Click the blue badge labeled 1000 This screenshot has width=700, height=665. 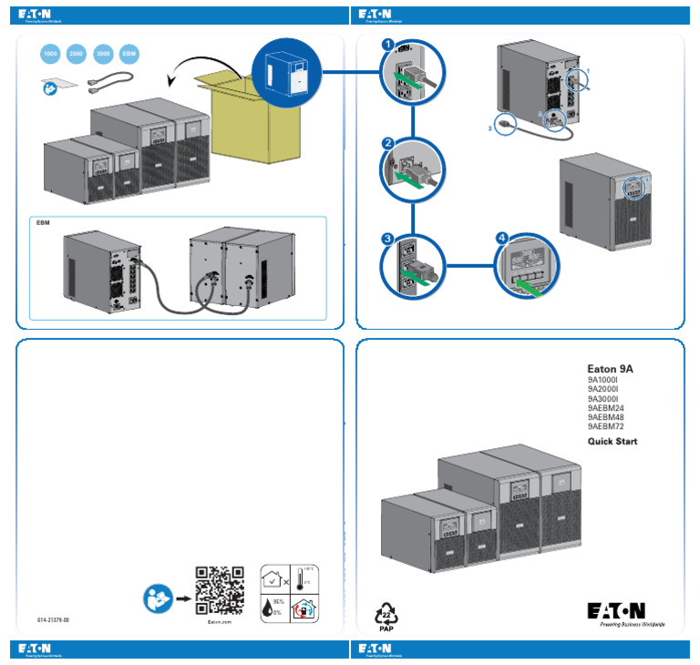[50, 55]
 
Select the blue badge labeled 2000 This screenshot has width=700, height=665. [77, 55]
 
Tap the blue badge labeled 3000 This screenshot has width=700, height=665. [104, 55]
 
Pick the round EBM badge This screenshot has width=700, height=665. [130, 55]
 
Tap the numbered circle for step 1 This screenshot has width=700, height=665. [387, 44]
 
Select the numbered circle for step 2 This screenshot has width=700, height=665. [387, 144]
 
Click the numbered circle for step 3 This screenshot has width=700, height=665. [387, 239]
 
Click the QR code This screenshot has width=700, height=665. [220, 590]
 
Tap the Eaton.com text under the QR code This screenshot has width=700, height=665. [220, 621]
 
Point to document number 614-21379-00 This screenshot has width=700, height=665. [54, 619]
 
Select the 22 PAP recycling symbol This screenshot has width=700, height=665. [386, 616]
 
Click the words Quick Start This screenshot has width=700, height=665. [612, 442]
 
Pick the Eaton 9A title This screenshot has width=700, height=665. [610, 369]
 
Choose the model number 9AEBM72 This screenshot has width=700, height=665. [605, 426]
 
